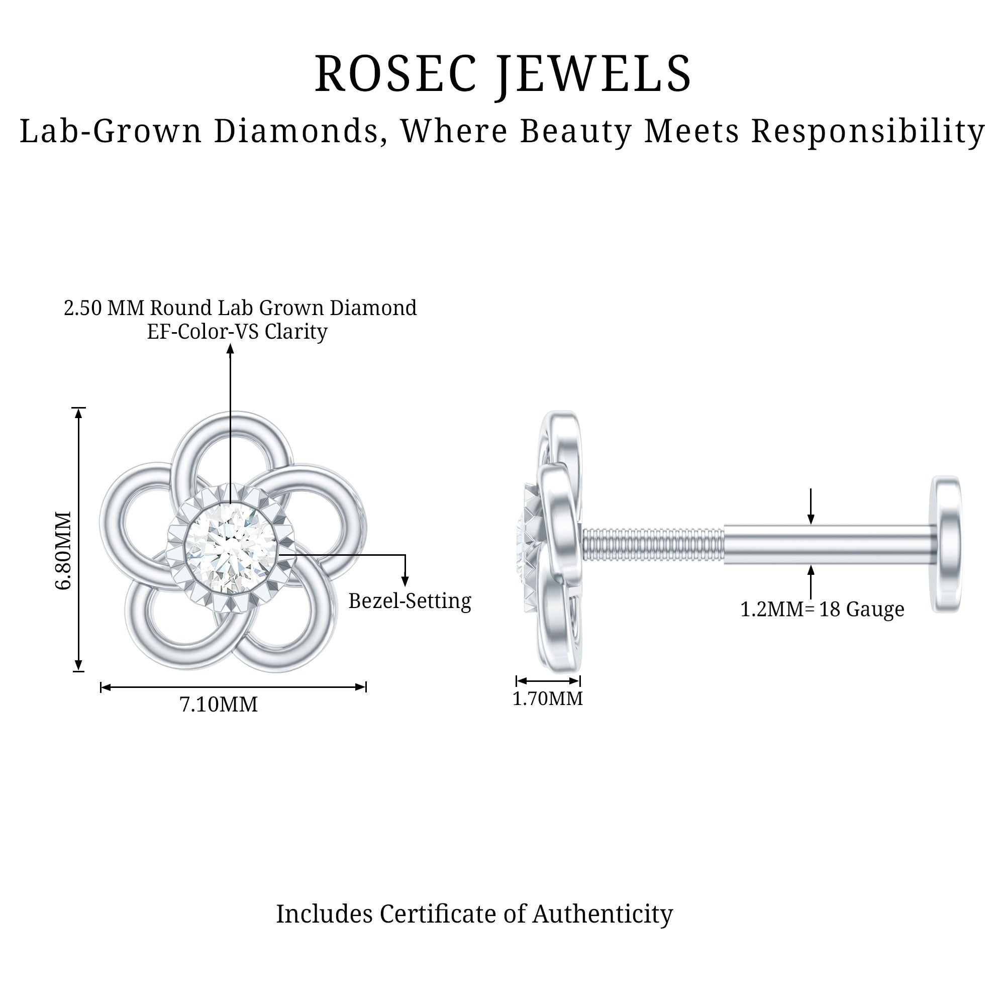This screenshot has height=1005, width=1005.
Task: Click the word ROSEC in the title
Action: point(396,74)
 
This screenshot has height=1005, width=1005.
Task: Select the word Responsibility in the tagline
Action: point(868,131)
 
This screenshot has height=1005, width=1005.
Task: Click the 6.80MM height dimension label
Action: point(63,550)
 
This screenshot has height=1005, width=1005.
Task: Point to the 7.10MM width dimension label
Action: point(219,705)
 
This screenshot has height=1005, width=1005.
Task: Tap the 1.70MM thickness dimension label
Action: point(548,698)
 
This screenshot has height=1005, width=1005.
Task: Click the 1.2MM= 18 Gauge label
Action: point(822,609)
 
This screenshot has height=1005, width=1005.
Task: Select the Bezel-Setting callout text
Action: point(410,601)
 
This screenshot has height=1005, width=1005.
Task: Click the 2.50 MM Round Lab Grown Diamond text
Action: point(240,308)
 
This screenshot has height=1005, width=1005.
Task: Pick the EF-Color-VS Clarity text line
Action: point(237,331)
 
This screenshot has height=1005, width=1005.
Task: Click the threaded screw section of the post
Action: point(653,544)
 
